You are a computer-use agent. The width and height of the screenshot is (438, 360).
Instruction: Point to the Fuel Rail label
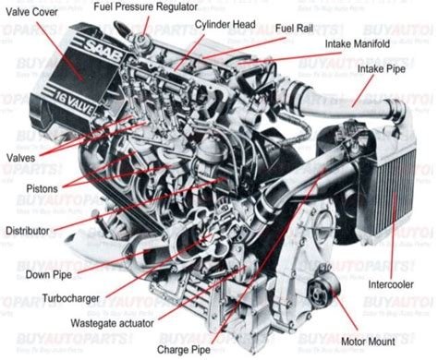click(x=294, y=28)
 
